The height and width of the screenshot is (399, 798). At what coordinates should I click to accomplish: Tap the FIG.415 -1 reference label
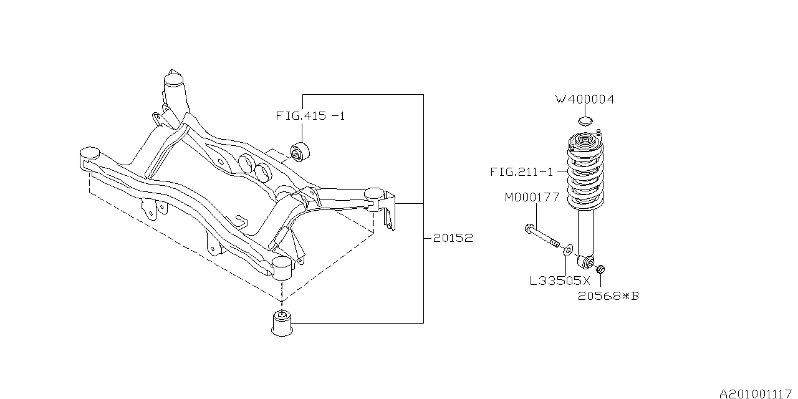pos(310,116)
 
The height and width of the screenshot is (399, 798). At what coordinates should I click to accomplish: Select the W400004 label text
pos(585,100)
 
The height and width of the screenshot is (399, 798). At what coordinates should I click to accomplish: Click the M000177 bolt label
pos(532,198)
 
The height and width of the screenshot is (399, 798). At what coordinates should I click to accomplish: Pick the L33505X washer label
pos(559,281)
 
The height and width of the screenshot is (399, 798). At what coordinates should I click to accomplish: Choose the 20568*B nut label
pos(608,296)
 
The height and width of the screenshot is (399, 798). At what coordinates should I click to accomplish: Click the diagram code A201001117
pos(756,394)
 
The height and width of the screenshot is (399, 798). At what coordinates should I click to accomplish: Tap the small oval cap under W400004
pos(585,120)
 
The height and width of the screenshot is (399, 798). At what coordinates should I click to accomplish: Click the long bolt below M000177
pos(544,238)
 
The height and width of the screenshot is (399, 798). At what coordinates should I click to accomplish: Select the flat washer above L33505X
pos(567,251)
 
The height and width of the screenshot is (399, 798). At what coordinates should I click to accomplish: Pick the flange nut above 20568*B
pos(600,269)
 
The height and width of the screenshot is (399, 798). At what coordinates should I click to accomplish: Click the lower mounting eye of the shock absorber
pos(585,259)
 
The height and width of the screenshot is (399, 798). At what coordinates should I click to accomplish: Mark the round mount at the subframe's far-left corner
pos(90,153)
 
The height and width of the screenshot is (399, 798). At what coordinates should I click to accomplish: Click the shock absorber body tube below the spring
pos(585,231)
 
